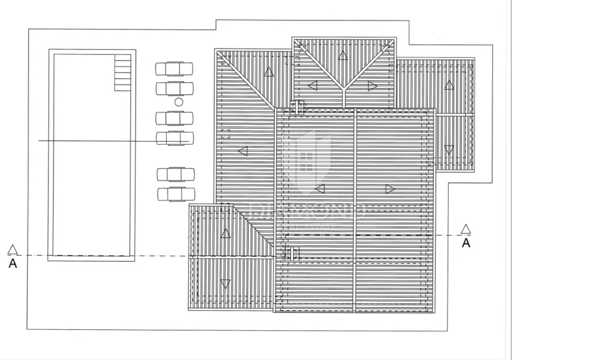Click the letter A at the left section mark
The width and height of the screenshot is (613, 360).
pos(13,263)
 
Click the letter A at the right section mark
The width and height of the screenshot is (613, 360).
pos(466,243)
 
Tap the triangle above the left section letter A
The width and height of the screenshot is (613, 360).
pos(13,250)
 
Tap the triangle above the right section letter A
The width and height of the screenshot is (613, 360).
pos(466,229)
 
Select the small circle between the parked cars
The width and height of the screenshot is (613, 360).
pos(179,102)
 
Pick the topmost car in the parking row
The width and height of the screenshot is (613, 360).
pos(174,68)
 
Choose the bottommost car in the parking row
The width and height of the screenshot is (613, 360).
pos(176,194)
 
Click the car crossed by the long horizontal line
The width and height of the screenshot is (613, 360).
pos(175,138)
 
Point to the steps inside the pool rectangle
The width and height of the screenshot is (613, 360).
pos(123,73)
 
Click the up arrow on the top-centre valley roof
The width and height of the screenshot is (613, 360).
pos(343,55)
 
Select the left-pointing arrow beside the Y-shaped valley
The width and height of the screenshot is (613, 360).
pos(312,86)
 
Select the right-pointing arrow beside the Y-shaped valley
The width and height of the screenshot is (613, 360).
pos(373,86)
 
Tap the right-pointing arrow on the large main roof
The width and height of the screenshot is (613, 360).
pos(390,189)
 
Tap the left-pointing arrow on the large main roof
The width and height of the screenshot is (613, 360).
pos(320,189)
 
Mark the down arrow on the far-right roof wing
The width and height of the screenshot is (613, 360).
pos(449,150)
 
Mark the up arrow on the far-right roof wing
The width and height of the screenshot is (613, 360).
pos(449,85)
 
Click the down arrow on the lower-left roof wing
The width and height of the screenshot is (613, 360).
pos(225,284)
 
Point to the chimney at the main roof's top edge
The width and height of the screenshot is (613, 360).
pos(298,108)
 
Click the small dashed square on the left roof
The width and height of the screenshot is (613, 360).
pos(225,134)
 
